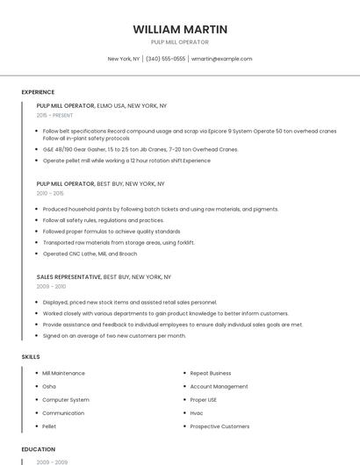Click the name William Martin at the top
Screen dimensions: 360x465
tap(180, 29)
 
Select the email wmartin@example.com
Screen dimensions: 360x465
tap(221, 59)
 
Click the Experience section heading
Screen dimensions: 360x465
tap(38, 92)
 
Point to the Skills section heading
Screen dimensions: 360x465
tap(31, 357)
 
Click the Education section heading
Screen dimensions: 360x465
tap(38, 449)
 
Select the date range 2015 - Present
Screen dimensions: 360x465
tap(55, 115)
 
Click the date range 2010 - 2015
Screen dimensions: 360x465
tap(50, 193)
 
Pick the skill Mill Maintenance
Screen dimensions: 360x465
tap(63, 373)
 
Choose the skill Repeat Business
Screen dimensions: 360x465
tap(211, 373)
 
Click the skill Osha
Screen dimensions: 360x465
tap(49, 386)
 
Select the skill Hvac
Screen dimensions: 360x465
tap(198, 412)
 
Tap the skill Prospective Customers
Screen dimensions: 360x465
tap(220, 426)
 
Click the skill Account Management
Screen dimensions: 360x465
tap(219, 386)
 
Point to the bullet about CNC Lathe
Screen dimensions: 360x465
tap(90, 254)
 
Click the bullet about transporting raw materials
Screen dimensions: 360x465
tap(119, 242)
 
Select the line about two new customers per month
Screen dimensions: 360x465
tap(114, 335)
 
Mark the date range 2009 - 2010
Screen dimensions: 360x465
tap(51, 286)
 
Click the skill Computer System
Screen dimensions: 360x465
tap(66, 399)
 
